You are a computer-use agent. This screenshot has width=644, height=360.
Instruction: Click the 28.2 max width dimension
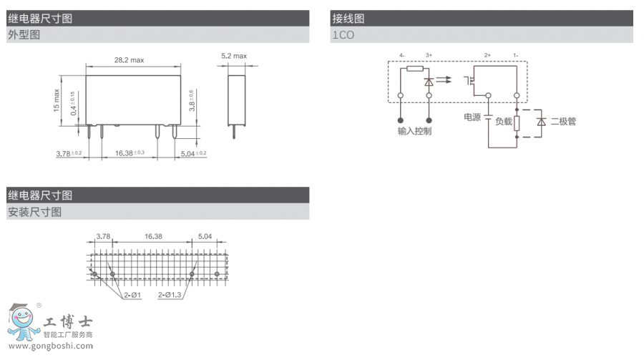point(130,60)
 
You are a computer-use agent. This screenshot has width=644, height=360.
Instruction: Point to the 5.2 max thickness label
point(234,56)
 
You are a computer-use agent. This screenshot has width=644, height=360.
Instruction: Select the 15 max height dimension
point(57,100)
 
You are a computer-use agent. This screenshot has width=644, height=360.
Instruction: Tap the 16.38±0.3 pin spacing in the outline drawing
point(130,153)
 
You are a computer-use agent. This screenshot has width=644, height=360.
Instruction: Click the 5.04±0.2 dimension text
point(193,153)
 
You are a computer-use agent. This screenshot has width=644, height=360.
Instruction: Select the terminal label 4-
point(401,55)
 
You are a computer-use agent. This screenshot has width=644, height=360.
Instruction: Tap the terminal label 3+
point(429,55)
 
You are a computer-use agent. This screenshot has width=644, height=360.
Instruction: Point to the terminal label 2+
point(487,55)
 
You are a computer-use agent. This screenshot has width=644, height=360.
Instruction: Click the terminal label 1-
point(516,55)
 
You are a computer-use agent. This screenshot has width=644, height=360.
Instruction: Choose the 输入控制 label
point(414,131)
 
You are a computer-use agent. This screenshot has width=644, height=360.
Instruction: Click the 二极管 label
point(563,121)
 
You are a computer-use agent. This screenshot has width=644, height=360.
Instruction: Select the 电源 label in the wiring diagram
point(472,117)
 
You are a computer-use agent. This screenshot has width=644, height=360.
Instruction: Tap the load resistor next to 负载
point(517,122)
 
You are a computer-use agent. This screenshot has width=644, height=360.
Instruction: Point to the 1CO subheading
point(343,34)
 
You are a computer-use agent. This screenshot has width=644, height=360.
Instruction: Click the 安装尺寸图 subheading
point(34,212)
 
